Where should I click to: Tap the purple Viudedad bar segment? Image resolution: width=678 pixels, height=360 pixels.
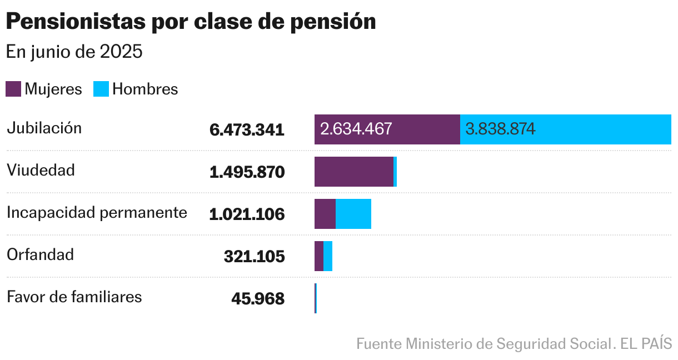coord(353,172)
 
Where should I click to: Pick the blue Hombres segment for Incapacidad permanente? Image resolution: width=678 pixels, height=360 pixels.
coord(353,214)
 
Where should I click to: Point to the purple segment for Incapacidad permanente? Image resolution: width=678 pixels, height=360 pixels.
coord(325,214)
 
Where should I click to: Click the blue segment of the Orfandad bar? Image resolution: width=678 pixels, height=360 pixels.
coord(328,256)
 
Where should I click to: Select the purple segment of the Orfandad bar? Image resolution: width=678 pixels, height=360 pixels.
coord(319,256)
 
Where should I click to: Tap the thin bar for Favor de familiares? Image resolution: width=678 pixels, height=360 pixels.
coord(316,298)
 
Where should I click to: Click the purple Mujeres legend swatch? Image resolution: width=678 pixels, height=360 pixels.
coord(13,89)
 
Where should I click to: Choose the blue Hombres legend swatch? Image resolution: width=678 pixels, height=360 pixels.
coord(101,89)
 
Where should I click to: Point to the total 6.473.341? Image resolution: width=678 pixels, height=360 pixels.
coord(247,130)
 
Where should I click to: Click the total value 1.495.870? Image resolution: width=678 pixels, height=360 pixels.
coord(247,172)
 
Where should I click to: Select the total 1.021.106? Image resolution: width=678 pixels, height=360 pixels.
coord(247,214)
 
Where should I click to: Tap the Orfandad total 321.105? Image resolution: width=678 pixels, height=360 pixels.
coord(254,257)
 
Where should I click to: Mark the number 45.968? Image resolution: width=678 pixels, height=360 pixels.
coord(258,299)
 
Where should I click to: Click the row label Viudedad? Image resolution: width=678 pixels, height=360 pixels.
coord(41,170)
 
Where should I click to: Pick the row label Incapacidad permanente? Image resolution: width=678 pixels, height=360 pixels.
coord(97,212)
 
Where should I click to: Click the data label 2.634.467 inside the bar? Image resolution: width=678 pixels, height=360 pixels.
coord(356,129)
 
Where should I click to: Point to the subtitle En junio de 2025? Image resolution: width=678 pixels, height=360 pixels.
coord(74,52)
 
